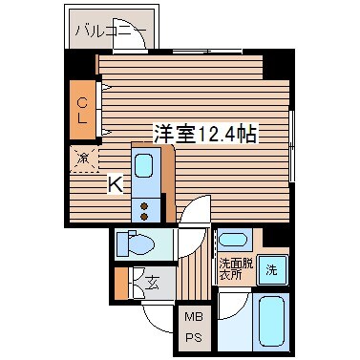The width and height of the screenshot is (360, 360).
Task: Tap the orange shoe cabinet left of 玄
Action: point(122,284)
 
